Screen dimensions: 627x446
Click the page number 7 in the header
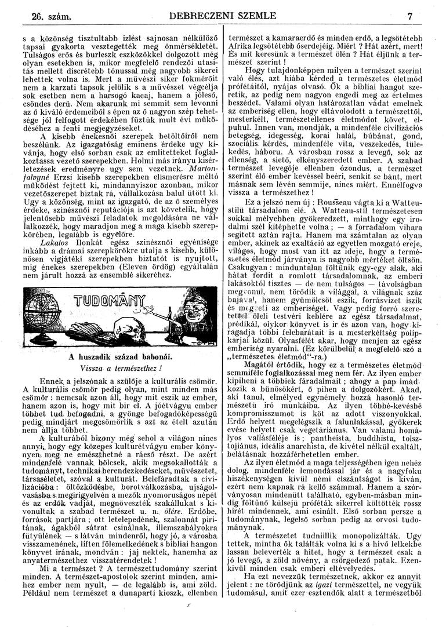coord(409,16)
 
